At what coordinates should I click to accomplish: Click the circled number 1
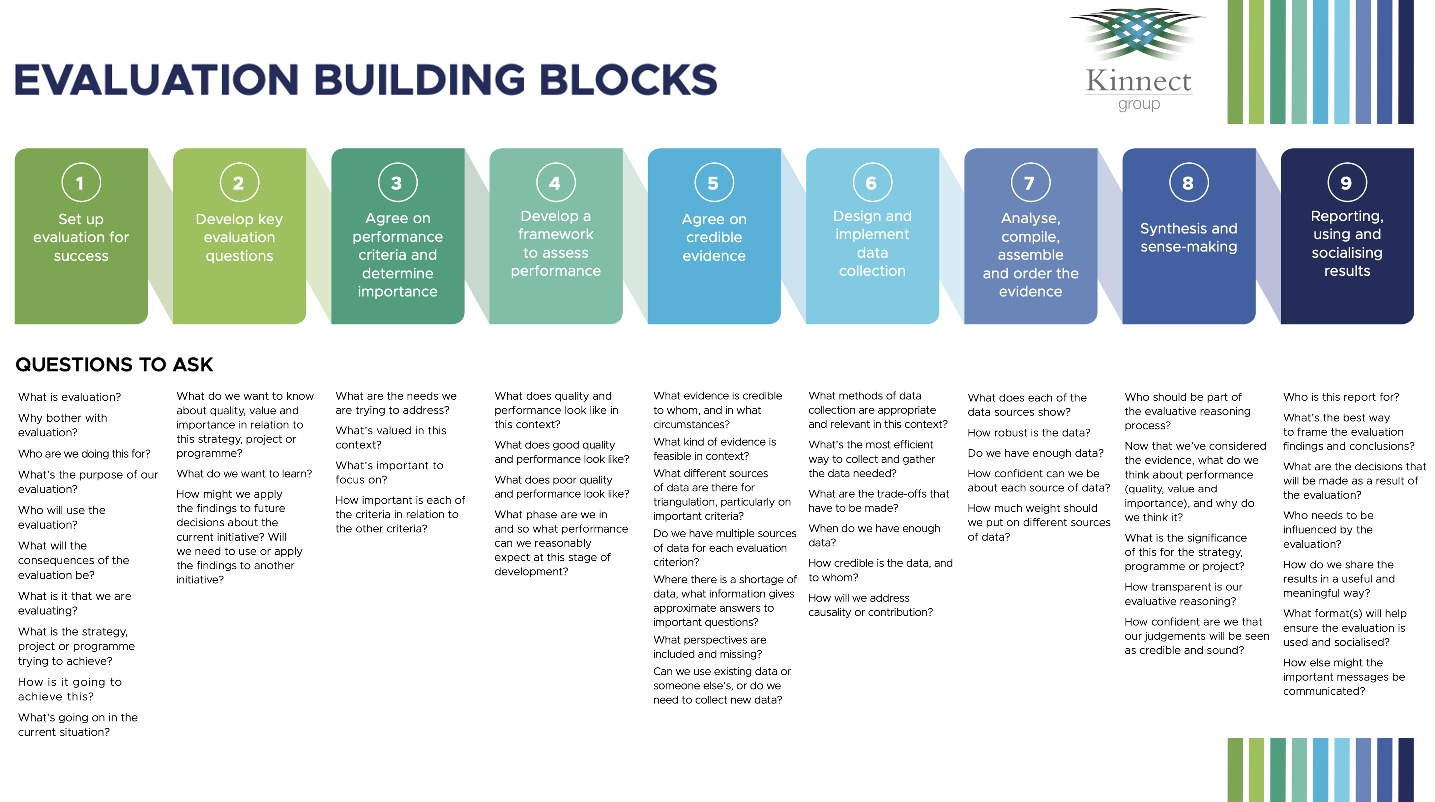[x=81, y=182]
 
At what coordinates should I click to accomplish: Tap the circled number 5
[x=714, y=182]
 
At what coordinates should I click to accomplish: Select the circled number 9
[x=1346, y=182]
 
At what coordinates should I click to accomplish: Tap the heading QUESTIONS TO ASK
[x=114, y=364]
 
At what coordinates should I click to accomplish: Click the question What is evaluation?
[x=69, y=397]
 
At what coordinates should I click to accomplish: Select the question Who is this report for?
[x=1341, y=397]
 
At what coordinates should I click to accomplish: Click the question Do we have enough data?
[x=1035, y=453]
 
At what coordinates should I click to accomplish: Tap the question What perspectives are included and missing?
[x=709, y=646]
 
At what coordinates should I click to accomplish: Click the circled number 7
[x=1030, y=182]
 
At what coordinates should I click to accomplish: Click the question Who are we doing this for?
[x=84, y=454]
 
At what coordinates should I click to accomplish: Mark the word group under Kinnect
[x=1139, y=104]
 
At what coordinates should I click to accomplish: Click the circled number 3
[x=397, y=182]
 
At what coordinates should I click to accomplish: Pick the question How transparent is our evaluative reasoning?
[x=1183, y=594]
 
